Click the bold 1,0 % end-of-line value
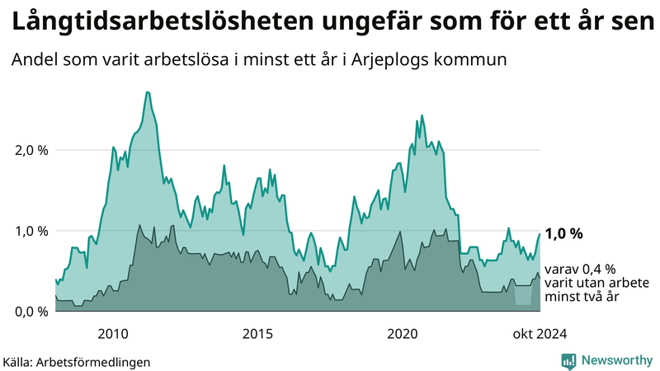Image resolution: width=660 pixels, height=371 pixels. tap(563, 233)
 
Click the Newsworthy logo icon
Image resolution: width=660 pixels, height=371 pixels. tap(568, 360)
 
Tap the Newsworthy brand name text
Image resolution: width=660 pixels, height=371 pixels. tap(615, 360)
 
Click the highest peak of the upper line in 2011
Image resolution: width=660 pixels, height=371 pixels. tap(147, 92)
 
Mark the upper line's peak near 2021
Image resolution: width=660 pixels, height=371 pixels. tap(422, 115)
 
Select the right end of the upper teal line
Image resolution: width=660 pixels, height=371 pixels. tap(540, 234)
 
